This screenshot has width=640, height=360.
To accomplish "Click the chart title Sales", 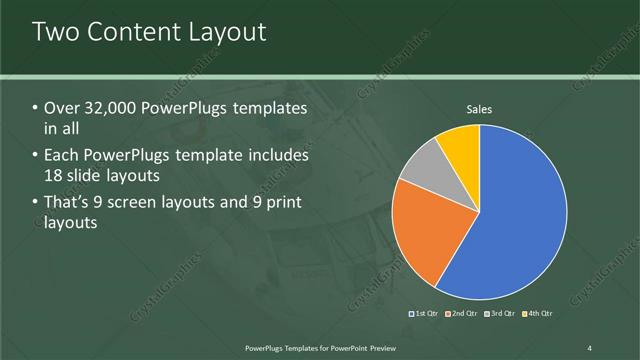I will click(480, 108).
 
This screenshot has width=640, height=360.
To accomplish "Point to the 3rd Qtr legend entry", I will click(501, 314).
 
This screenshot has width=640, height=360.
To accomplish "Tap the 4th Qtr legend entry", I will click(539, 314).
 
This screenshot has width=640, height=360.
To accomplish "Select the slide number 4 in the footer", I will click(590, 348).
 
